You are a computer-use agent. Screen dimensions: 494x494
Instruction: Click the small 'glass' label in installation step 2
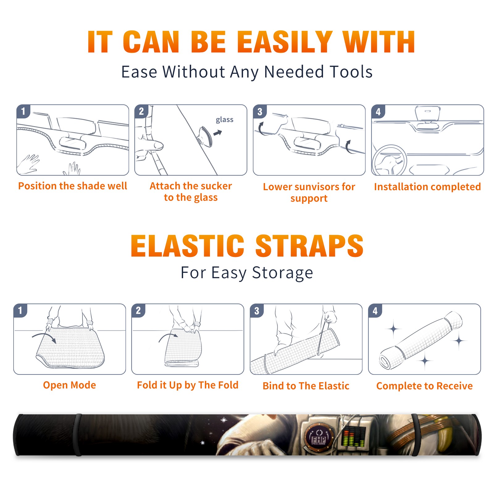[224, 120]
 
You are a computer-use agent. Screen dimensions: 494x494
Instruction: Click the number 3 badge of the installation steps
[260, 111]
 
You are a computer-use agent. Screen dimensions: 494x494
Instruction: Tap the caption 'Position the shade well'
[73, 186]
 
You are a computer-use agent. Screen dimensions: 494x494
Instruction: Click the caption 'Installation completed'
[427, 187]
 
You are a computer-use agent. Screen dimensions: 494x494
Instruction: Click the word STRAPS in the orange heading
[309, 246]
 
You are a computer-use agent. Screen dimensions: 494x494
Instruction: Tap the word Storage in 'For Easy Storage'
[283, 273]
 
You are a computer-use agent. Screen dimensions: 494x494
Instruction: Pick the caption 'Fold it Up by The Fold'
[188, 385]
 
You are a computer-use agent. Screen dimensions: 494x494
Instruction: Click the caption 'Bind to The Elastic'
[306, 386]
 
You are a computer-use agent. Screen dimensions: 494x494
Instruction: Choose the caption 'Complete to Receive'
[425, 386]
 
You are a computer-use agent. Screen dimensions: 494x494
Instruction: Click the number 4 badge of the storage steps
[375, 311]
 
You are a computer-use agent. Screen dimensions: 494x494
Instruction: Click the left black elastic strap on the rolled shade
[77, 435]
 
